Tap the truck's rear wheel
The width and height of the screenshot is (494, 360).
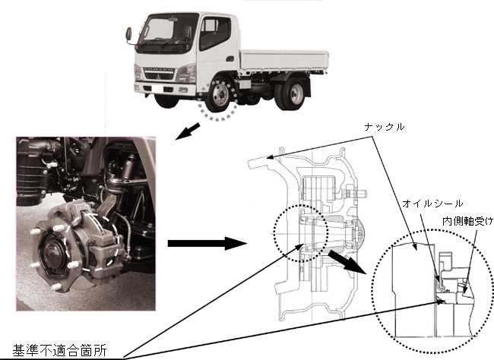point(292,94)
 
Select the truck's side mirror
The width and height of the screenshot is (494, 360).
point(128,34)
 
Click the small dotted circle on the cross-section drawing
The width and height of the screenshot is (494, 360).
point(299,231)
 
